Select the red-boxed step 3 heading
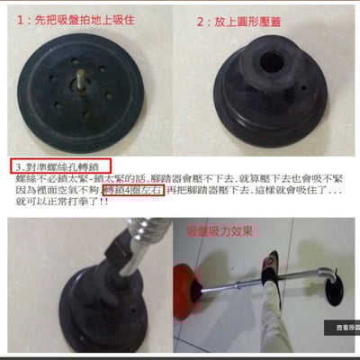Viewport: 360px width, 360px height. coord(60,166)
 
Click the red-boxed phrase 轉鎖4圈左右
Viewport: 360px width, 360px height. coord(133,191)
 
